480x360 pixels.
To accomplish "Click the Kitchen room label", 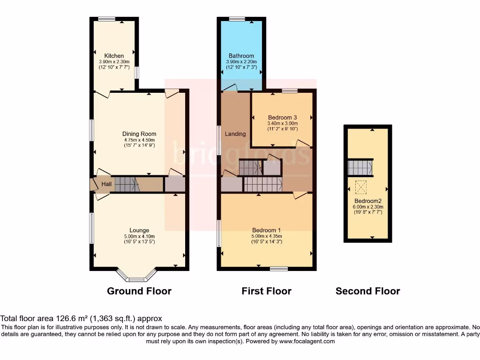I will pos(114,56).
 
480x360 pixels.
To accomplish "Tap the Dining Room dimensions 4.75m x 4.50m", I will pos(139,140).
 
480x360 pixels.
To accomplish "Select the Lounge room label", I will pos(139,230).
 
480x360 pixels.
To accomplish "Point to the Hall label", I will pos(106,184).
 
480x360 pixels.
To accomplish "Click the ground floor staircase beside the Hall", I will pos(127,184).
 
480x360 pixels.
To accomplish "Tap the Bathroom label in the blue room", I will pos(241,56).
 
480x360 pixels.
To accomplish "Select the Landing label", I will pos(235,134).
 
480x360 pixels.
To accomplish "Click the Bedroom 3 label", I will pos(282,117).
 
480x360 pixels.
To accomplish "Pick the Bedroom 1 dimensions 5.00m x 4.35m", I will pos(267,236).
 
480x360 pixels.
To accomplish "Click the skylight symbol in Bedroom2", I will pos(361,187).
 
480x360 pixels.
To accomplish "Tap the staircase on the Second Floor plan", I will pos(360,167).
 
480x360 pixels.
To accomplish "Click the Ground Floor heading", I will pos(139,291).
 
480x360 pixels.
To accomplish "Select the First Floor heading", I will pos(266,291).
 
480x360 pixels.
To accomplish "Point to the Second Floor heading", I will pos(367,291).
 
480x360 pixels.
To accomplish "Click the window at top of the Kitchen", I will pos(107,19).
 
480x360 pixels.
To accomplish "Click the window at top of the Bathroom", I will pos(237,19).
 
